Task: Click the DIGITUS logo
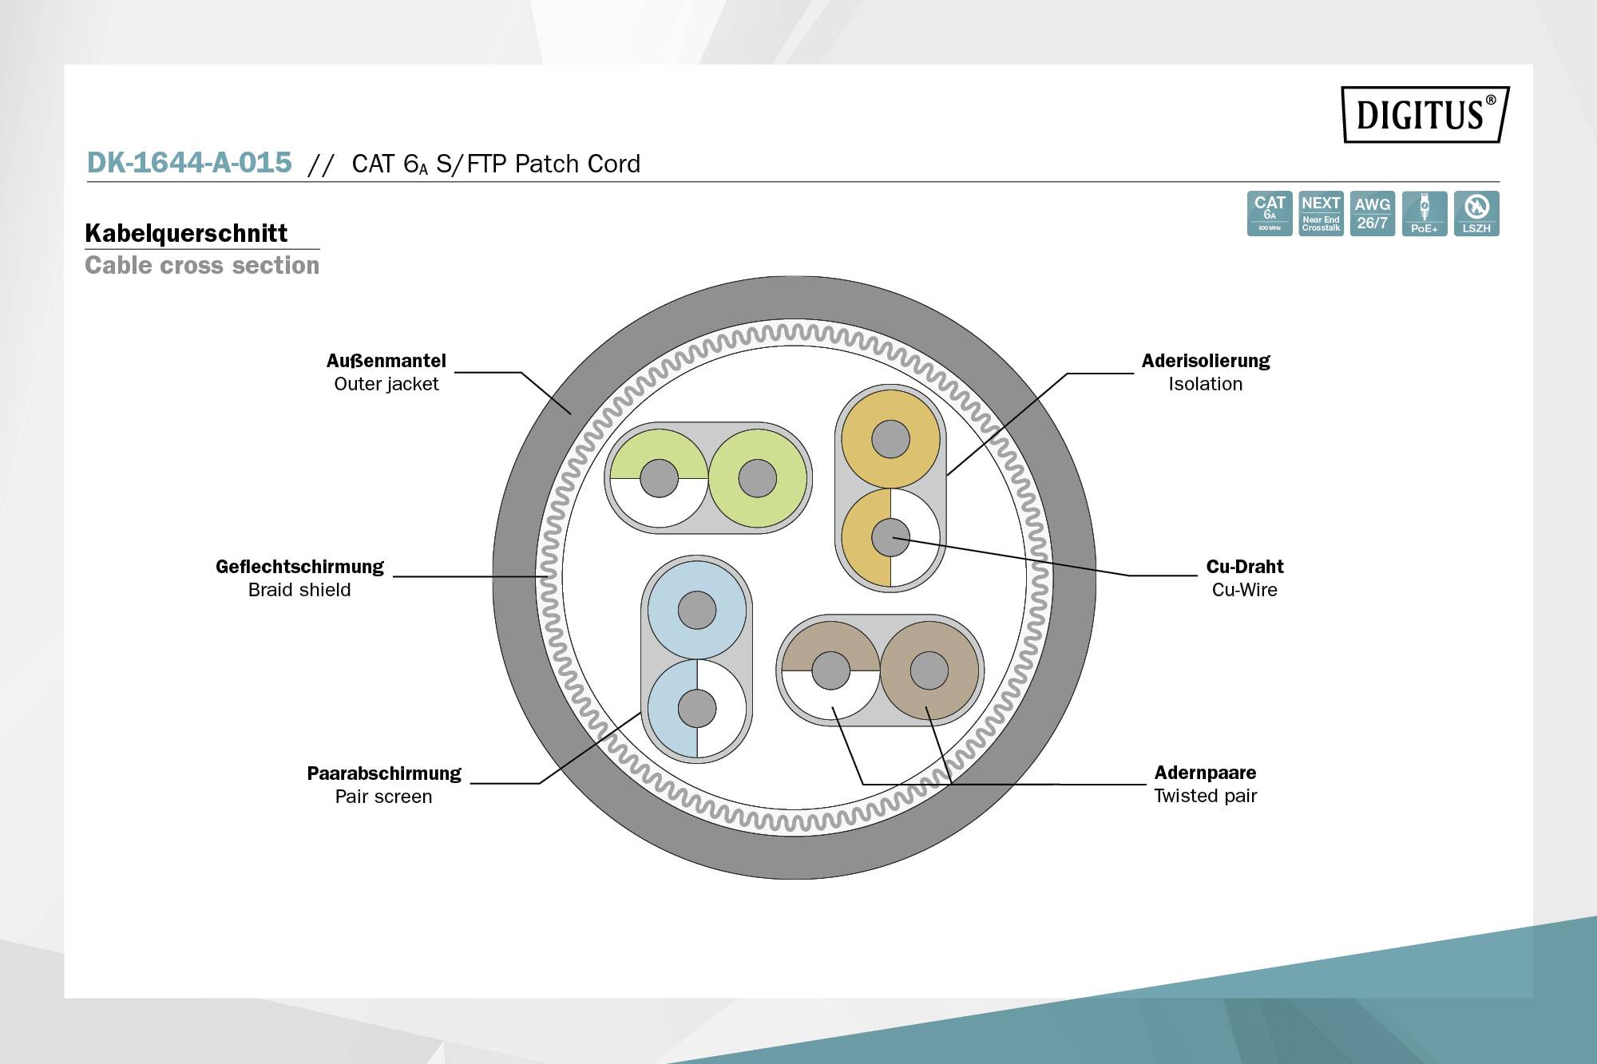tap(1425, 115)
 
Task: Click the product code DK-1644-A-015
tap(189, 163)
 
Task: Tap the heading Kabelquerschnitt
tap(186, 233)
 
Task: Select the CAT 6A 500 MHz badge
tap(1269, 213)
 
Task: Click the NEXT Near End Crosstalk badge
tap(1321, 213)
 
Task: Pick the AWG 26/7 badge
tap(1372, 213)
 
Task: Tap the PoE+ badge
tap(1424, 213)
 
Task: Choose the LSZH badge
tap(1476, 213)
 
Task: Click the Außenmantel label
tap(386, 361)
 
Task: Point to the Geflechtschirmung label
tap(299, 567)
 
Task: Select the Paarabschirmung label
tap(384, 773)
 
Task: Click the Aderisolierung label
tap(1205, 361)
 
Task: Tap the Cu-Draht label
tap(1244, 567)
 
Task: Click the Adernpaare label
tap(1205, 773)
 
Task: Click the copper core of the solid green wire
tap(757, 478)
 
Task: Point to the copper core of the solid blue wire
tap(696, 611)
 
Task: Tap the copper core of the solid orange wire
tap(890, 439)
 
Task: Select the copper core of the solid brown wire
tap(929, 670)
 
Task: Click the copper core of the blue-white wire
tap(696, 708)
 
